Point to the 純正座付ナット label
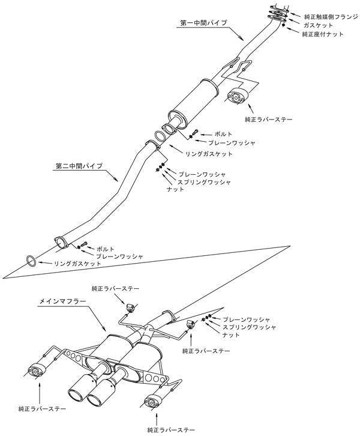tap(323, 35)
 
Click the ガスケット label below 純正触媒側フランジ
tap(317, 26)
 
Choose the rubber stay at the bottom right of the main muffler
tap(151, 401)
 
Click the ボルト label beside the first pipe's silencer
tap(210, 133)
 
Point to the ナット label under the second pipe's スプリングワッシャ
tap(175, 189)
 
